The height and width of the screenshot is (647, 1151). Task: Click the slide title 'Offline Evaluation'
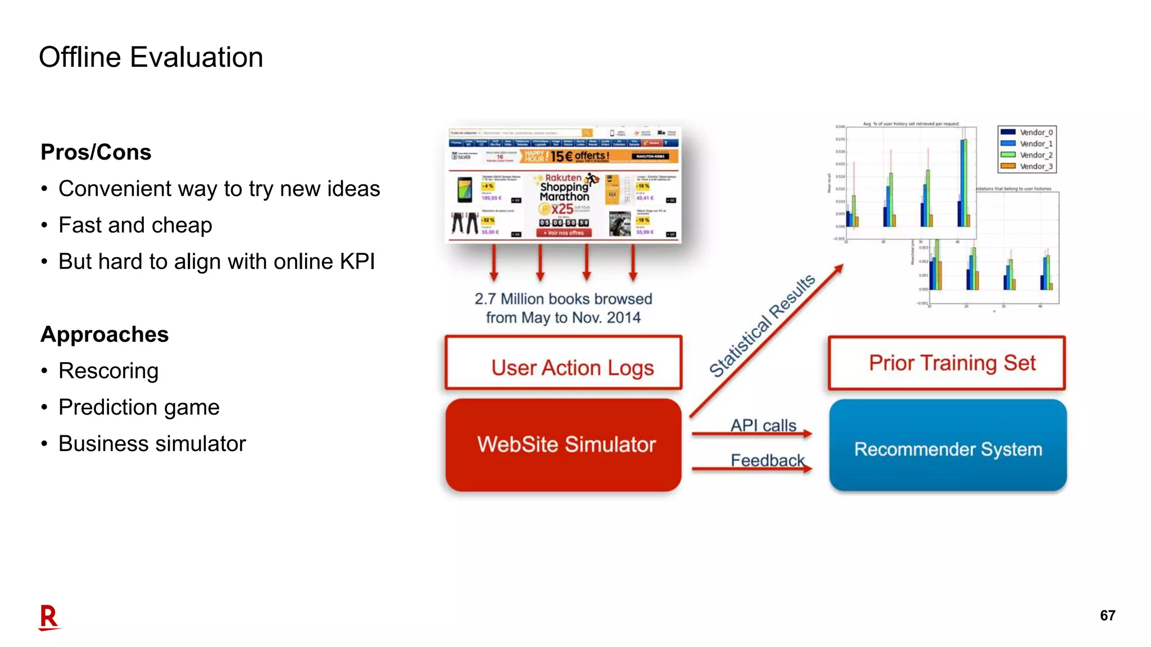(151, 57)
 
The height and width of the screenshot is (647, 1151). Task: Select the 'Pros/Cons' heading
(96, 152)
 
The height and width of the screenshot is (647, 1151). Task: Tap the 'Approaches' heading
(105, 334)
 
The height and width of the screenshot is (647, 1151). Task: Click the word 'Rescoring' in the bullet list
(108, 371)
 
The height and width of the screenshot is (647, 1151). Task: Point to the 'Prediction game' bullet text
(139, 407)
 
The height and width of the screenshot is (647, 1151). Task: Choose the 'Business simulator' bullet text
(152, 444)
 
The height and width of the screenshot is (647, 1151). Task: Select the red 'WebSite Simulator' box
(563, 445)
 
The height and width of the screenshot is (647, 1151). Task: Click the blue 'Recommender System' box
(948, 446)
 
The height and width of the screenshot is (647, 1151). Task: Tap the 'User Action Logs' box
(563, 364)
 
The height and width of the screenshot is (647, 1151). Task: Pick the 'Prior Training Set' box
(947, 363)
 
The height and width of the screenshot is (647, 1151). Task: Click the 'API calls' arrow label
(763, 425)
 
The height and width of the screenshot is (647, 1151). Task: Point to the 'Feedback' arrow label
(767, 461)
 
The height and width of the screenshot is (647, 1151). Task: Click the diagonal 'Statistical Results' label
(762, 326)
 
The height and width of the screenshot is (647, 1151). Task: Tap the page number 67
(1107, 616)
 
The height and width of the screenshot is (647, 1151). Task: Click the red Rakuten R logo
(49, 617)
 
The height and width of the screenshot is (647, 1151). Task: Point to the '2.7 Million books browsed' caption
(563, 299)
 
